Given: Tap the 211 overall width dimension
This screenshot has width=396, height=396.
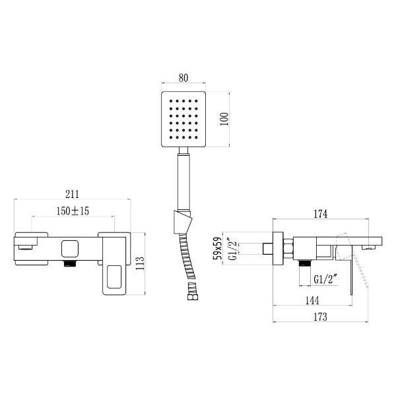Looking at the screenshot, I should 73,194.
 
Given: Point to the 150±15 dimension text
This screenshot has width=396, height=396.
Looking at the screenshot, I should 73,211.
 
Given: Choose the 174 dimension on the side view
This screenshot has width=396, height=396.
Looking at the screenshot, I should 320,213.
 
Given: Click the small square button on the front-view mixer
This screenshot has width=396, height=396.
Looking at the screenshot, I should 69,249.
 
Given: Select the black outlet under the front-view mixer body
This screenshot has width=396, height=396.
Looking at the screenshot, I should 69,264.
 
